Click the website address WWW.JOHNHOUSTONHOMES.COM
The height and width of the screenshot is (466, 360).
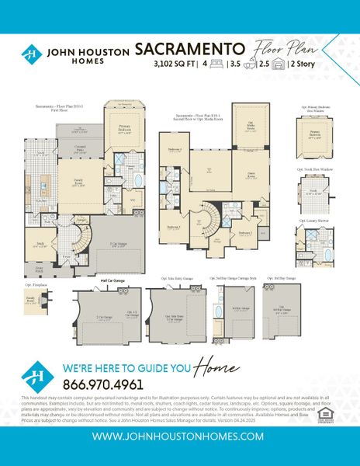click(x=179, y=436)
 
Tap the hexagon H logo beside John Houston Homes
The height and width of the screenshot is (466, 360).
click(x=31, y=55)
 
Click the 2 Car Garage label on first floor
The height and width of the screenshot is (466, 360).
click(x=119, y=244)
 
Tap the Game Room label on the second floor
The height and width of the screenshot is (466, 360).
click(x=251, y=176)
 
